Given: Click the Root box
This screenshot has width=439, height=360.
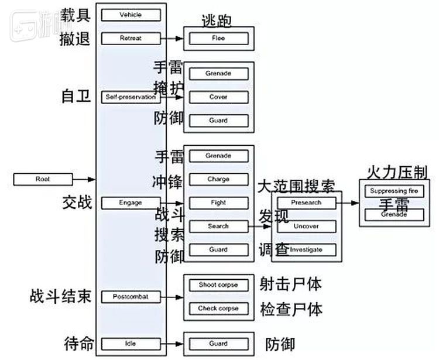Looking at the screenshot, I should [x=43, y=179].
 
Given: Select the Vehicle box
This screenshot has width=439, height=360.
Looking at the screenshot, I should [x=131, y=15].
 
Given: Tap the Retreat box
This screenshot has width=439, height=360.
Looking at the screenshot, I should [x=131, y=39].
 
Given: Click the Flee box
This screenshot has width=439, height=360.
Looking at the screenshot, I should [x=218, y=39].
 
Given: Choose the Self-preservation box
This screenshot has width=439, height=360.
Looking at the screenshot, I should [x=131, y=97].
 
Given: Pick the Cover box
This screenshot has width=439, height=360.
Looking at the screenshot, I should [x=218, y=97].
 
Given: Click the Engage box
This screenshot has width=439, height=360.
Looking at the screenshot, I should [x=131, y=203].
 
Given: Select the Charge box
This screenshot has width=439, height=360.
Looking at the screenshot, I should [x=218, y=179].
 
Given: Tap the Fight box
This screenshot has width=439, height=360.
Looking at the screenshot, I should [x=218, y=203].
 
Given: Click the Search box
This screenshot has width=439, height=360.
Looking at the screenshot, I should [x=218, y=226].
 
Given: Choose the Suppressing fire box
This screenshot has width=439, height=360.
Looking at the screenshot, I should [x=394, y=191].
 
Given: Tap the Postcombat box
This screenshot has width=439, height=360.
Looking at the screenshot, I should [x=131, y=297].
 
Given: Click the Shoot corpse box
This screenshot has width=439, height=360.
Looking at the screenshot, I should [x=218, y=285].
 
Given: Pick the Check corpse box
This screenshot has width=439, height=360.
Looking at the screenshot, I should [x=218, y=308].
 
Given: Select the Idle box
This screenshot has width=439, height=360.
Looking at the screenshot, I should [x=131, y=344].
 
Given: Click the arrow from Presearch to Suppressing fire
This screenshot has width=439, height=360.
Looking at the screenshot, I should [x=348, y=203].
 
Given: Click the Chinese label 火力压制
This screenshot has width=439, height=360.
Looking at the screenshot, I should [x=394, y=173].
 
